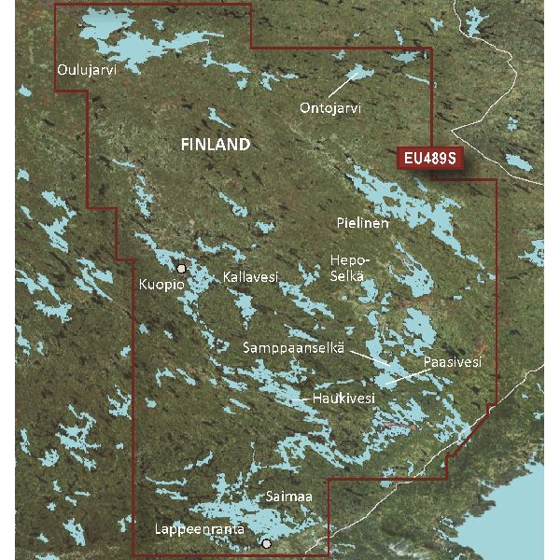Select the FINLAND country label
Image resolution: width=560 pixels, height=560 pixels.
coord(215,146)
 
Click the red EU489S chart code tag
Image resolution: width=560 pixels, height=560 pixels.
coord(428,159)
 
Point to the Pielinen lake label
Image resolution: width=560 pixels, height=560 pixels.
coord(362,224)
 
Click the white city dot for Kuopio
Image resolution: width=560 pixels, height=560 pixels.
coord(182,268)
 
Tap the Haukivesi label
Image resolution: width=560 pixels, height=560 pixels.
coord(343,399)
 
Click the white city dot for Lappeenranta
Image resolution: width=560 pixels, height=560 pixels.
coord(267,543)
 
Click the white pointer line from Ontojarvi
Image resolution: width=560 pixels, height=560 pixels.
coord(344,82)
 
